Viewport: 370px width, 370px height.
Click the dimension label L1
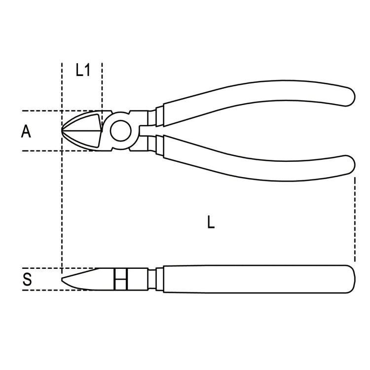coord(83,71)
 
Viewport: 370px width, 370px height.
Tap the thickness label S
coord(28,280)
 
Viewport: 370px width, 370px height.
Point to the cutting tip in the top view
coord(64,131)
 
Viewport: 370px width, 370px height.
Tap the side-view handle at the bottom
coord(257,279)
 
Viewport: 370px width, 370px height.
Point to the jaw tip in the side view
coord(64,280)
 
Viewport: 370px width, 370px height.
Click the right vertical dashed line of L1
coord(102,84)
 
